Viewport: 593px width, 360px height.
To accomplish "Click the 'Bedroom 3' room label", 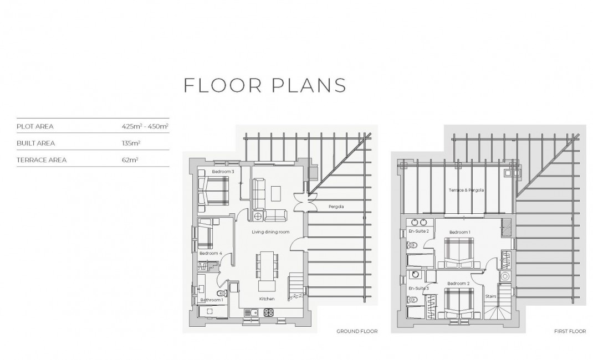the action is pos(223,172).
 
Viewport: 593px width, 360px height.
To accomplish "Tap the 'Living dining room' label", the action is pos(270,232).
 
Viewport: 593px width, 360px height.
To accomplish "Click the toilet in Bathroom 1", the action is pos(222,293).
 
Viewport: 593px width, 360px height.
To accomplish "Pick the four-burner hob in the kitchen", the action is pos(269,312).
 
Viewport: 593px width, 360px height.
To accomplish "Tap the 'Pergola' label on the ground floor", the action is pos(336,207).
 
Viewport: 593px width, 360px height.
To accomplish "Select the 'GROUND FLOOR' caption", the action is pos(357,331).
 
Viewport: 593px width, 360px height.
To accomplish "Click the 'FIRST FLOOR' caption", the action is pos(570,331).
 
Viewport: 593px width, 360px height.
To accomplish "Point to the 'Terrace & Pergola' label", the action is pos(466,190).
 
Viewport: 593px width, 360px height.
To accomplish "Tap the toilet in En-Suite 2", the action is pos(412,246).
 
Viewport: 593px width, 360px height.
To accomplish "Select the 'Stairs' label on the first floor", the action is pos(490,296).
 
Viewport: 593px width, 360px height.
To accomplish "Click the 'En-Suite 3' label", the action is pos(418,288).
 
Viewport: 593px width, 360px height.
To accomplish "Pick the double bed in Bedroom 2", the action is pos(459,304).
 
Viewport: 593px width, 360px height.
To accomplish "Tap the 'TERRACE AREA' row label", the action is pos(42,160).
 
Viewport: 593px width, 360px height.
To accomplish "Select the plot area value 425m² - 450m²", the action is pos(145,126).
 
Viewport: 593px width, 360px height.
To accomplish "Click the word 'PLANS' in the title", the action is pos(309,85).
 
